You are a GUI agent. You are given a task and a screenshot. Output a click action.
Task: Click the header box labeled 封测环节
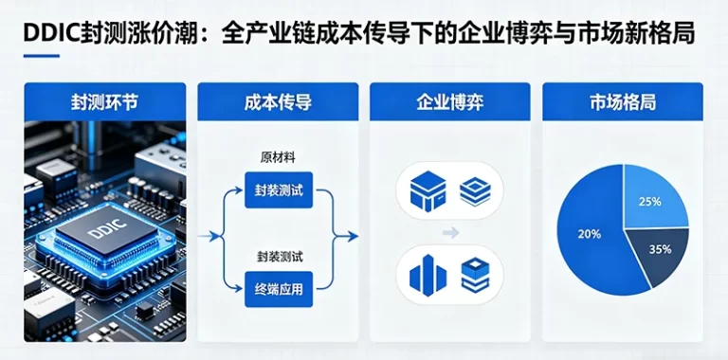click(x=104, y=101)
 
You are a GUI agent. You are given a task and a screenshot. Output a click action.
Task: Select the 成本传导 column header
click(x=278, y=101)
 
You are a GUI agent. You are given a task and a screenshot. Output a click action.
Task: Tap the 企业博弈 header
click(x=449, y=101)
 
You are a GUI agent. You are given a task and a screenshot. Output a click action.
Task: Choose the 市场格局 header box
click(x=622, y=101)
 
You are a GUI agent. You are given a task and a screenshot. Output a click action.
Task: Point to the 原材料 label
click(x=278, y=156)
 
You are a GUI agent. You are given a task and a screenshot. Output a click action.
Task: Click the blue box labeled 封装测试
click(x=278, y=189)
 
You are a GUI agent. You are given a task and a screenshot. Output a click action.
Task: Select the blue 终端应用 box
click(x=278, y=289)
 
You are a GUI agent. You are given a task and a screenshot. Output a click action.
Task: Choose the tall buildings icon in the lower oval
click(x=427, y=275)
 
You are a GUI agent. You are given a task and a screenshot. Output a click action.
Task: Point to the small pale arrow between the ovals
click(x=450, y=232)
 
